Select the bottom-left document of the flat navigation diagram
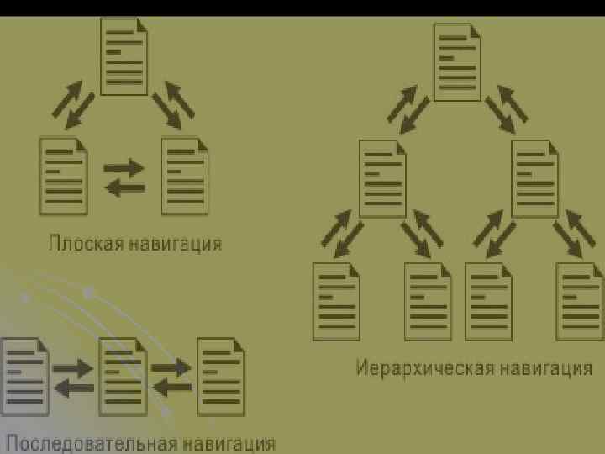[63, 176]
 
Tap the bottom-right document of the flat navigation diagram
[185, 176]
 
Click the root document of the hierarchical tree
[457, 61]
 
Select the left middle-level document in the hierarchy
[382, 178]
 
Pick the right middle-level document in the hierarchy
[534, 178]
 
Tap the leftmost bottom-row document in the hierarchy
[336, 301]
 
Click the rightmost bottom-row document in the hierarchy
[581, 301]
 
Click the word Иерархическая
[424, 368]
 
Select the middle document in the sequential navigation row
[123, 376]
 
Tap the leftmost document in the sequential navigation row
[24, 376]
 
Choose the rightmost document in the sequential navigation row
[220, 376]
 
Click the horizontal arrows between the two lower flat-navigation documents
[124, 177]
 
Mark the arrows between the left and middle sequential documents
[73, 377]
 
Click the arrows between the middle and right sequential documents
[171, 377]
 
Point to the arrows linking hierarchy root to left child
[408, 108]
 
